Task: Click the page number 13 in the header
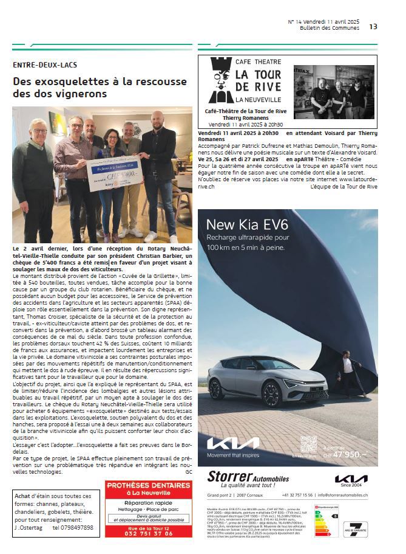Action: [x=373, y=26]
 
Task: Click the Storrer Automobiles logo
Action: [x=248, y=479]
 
